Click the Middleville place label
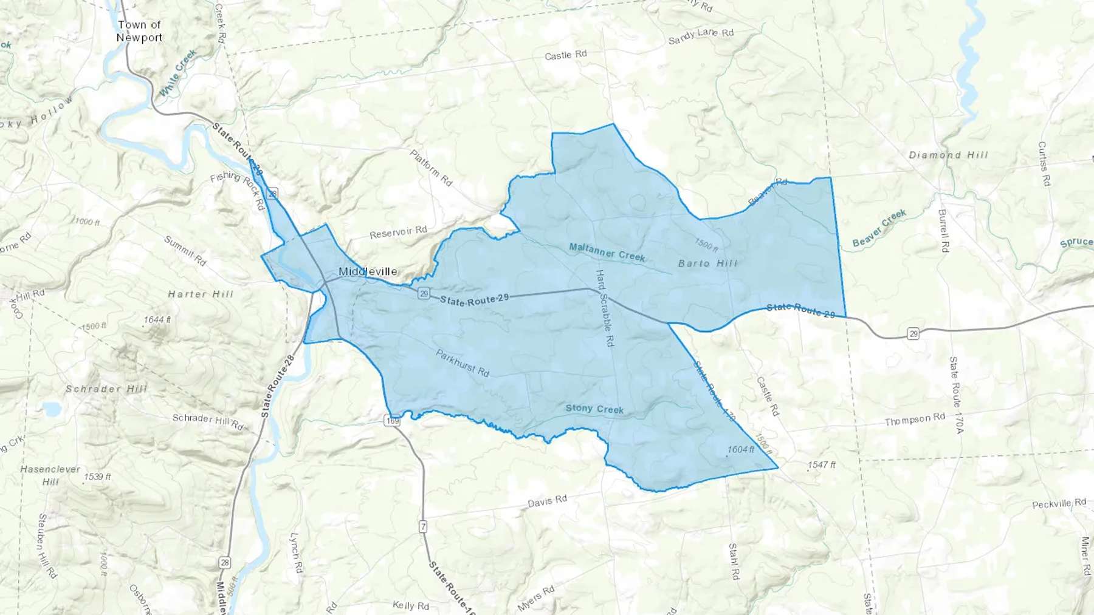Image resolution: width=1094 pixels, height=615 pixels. (368, 271)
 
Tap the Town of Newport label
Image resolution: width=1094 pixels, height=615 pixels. (139, 31)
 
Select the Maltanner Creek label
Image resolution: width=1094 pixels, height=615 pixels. (607, 252)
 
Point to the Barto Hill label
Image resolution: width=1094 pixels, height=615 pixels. (707, 263)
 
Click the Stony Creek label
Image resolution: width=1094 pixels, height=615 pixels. (594, 409)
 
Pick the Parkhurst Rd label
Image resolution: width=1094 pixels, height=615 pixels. (462, 363)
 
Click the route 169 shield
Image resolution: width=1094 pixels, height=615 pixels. (393, 420)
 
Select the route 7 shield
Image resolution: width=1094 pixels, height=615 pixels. (422, 526)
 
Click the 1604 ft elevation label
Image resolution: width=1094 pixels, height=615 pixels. (740, 450)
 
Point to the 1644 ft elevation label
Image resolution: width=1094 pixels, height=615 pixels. (157, 319)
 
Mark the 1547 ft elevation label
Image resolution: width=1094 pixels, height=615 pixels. (821, 465)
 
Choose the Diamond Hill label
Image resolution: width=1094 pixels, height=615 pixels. (948, 155)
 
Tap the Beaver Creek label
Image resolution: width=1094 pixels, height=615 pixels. (879, 228)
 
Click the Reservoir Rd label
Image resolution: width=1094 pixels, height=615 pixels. (398, 233)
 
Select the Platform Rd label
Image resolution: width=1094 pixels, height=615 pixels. (431, 168)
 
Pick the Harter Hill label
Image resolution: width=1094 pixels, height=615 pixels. (201, 294)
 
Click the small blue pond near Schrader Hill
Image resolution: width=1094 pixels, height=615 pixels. (52, 409)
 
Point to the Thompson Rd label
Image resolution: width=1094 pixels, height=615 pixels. (915, 420)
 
